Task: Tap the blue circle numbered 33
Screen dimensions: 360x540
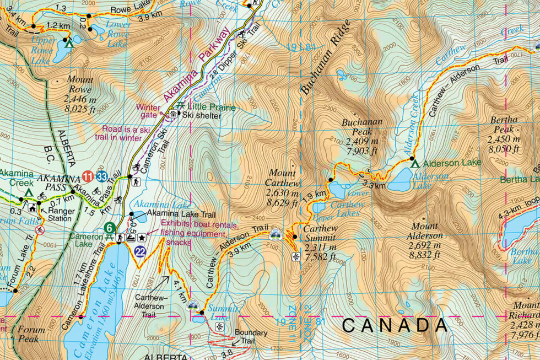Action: [x=101, y=177]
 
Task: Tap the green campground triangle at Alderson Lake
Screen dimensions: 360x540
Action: [x=414, y=163]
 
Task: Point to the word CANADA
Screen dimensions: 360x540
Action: [x=395, y=325]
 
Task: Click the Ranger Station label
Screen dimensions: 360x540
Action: [x=61, y=214]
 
